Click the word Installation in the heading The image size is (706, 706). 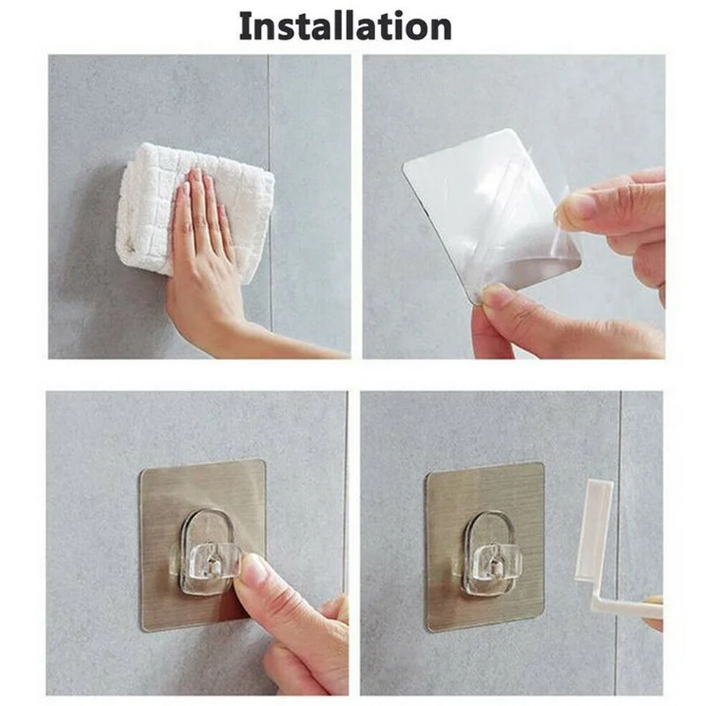tap(345, 26)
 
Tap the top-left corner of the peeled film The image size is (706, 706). tap(405, 166)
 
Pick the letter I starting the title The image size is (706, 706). tap(245, 26)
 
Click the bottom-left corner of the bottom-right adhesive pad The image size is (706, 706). tap(429, 627)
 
